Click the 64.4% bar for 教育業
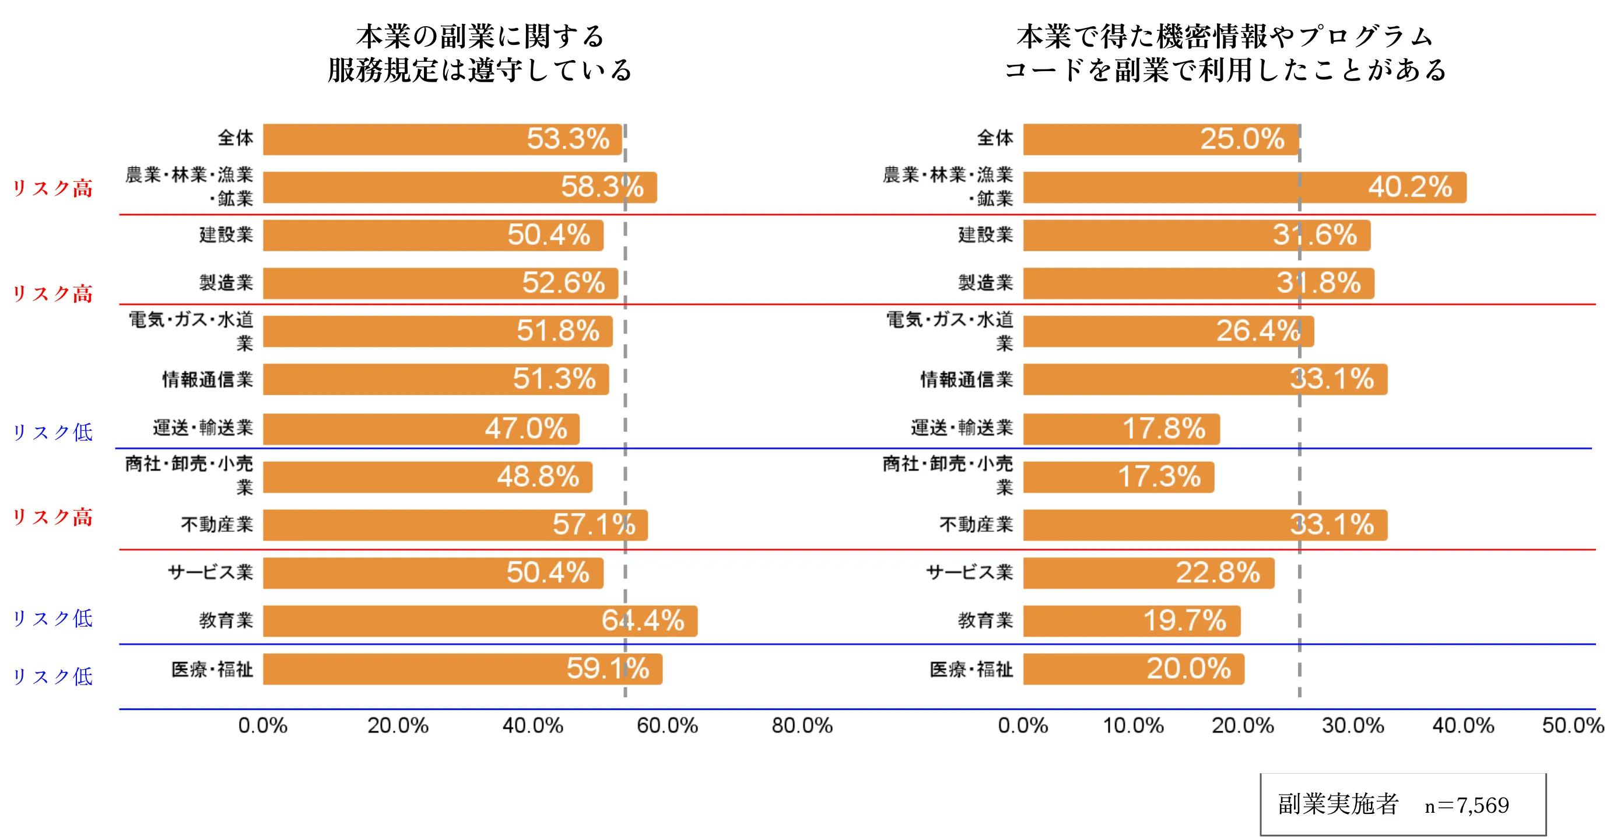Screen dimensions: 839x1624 coord(479,621)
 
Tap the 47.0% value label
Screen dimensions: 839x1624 coord(526,429)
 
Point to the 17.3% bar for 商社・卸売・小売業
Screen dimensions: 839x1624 coord(1118,477)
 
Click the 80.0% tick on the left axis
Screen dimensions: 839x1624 coord(802,725)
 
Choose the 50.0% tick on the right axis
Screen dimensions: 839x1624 coord(1572,725)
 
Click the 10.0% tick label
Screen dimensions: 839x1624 coord(1133,725)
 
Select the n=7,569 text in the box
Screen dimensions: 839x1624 coord(1467,806)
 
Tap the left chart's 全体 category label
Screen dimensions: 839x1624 coord(235,138)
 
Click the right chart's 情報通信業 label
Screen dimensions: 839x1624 coord(966,380)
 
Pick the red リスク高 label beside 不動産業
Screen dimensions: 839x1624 coord(52,518)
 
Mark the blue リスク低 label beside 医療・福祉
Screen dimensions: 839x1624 coord(52,677)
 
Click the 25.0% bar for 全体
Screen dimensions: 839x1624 coord(1160,139)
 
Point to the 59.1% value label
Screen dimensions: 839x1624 coord(607,669)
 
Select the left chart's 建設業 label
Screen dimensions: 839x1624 coord(226,234)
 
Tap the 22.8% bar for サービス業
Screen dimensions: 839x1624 coord(1148,573)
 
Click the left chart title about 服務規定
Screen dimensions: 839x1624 coord(480,53)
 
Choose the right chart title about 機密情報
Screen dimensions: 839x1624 coord(1225,53)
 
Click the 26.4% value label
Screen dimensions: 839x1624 coord(1258,331)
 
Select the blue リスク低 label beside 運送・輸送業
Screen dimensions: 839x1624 coord(52,433)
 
